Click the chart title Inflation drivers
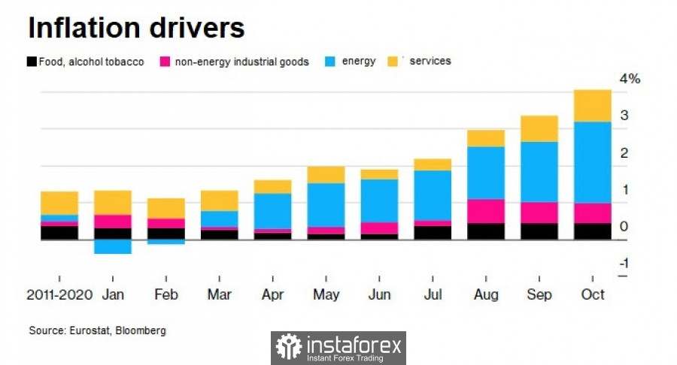(136, 28)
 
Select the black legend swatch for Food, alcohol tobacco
(32, 62)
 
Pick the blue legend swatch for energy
(330, 62)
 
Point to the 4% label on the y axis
(630, 80)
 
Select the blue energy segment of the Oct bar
(593, 162)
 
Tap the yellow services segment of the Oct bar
(593, 106)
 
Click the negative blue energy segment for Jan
(112, 246)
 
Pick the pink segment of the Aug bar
(486, 211)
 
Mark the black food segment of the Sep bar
(539, 231)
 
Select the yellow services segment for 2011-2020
(59, 203)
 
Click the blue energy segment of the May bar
(326, 205)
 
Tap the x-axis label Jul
(433, 295)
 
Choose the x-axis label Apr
(272, 295)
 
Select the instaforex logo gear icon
(288, 347)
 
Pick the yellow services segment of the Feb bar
(165, 208)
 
